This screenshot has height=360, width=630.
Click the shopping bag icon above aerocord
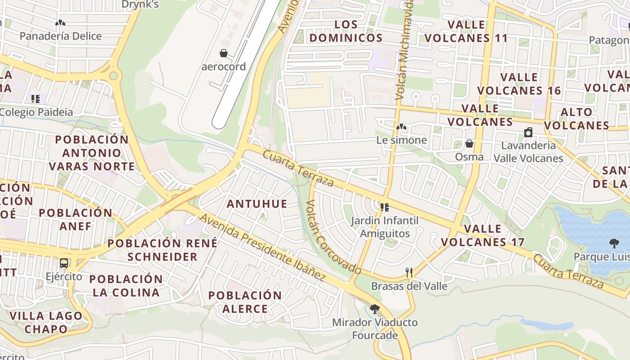pyautogui.click(x=224, y=54)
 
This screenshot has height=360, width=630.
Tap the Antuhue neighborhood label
pyautogui.click(x=257, y=204)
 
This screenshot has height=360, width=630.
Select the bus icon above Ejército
pyautogui.click(x=64, y=263)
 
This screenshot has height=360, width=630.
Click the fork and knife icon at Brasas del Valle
pyautogui.click(x=409, y=272)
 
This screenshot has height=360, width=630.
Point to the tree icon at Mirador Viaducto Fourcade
pyautogui.click(x=374, y=309)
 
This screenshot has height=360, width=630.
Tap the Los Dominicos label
pyautogui.click(x=346, y=31)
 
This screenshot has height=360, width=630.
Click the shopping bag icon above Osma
pyautogui.click(x=469, y=144)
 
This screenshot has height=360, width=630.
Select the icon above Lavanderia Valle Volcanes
pyautogui.click(x=528, y=132)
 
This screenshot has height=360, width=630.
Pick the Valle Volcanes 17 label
pyautogui.click(x=482, y=235)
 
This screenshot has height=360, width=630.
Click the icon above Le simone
pyautogui.click(x=401, y=127)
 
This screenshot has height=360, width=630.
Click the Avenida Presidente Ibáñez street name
pyautogui.click(x=262, y=247)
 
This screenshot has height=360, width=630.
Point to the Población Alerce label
pyautogui.click(x=245, y=302)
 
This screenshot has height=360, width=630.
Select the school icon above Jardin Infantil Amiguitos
pyautogui.click(x=384, y=207)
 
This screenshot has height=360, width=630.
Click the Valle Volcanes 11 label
pyautogui.click(x=466, y=31)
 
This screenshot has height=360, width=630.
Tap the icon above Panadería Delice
pyautogui.click(x=60, y=23)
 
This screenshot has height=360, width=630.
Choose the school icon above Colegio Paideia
pyautogui.click(x=36, y=99)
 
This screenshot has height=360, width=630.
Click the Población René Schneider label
pyautogui.click(x=162, y=250)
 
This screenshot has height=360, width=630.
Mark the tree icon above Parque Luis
pyautogui.click(x=614, y=243)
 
